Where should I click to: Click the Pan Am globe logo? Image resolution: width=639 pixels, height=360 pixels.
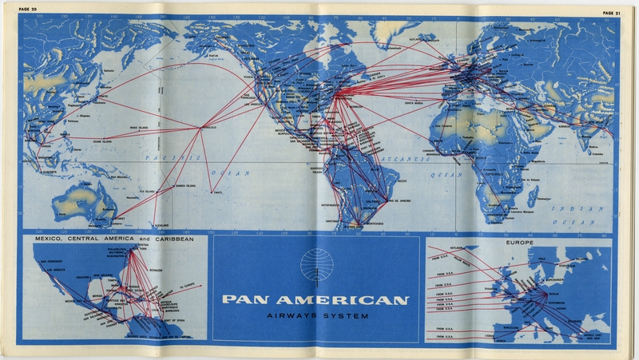pyautogui.click(x=316, y=267)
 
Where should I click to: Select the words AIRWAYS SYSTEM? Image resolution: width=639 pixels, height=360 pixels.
pyautogui.click(x=316, y=318)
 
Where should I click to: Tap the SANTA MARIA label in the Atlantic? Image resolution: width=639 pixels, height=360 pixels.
pyautogui.click(x=416, y=101)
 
